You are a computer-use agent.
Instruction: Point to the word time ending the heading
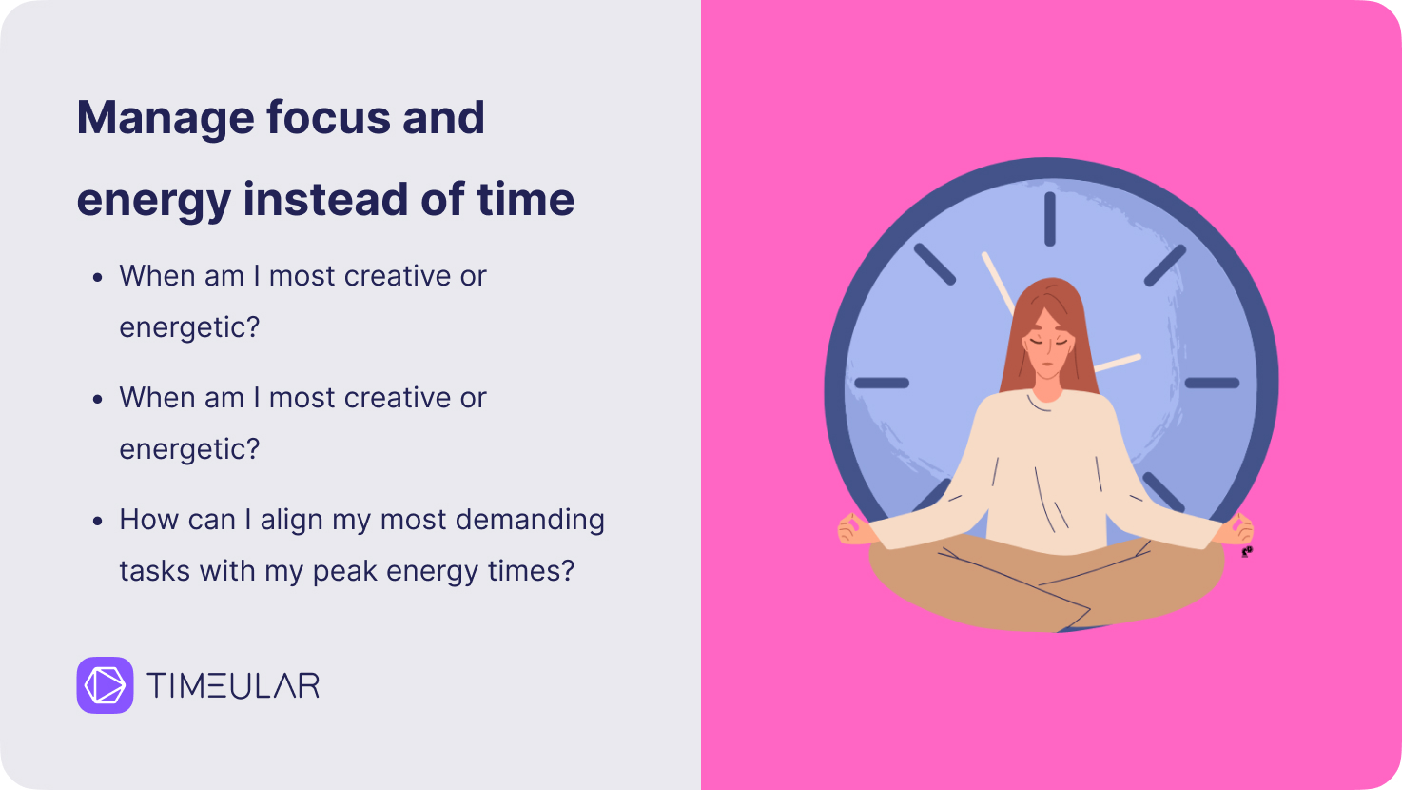click(x=526, y=199)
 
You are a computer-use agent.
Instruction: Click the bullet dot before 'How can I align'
click(x=97, y=521)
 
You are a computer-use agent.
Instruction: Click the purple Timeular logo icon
click(x=106, y=685)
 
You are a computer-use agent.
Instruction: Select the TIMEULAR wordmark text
click(x=233, y=685)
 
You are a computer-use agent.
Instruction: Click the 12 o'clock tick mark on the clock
click(x=1050, y=219)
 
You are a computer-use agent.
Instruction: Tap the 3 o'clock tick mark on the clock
click(x=1213, y=383)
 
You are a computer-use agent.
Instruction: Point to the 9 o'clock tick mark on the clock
click(x=882, y=383)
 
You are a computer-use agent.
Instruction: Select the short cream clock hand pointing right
click(x=1118, y=364)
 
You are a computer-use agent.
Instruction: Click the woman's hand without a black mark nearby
click(x=856, y=529)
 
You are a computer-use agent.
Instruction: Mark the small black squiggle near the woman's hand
click(x=1247, y=552)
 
